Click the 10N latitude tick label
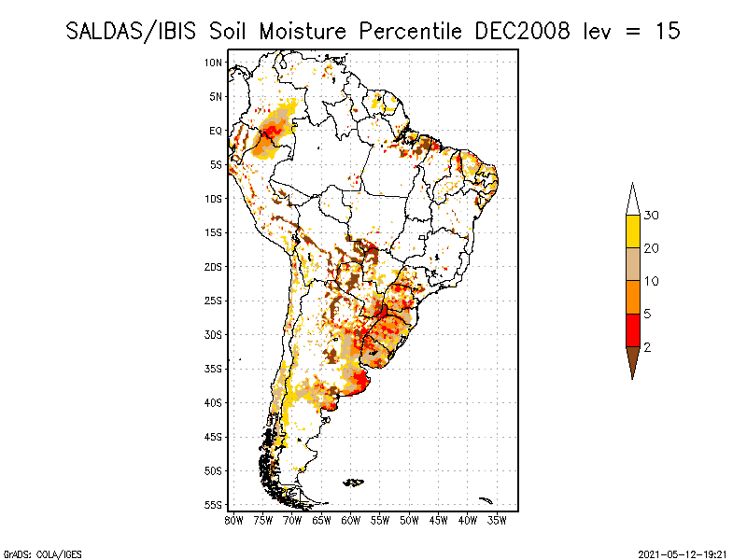coord(214,63)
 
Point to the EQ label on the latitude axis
coord(216,131)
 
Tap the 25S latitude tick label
coord(214,301)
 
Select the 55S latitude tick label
coord(214,504)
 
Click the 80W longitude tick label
coord(233,520)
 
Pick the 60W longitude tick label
coord(351,520)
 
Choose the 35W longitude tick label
coord(498,520)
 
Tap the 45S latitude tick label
coord(214,437)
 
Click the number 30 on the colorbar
coord(652,216)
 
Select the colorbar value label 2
coord(647,347)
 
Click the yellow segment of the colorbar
coord(632,231)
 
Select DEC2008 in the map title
coord(522,31)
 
